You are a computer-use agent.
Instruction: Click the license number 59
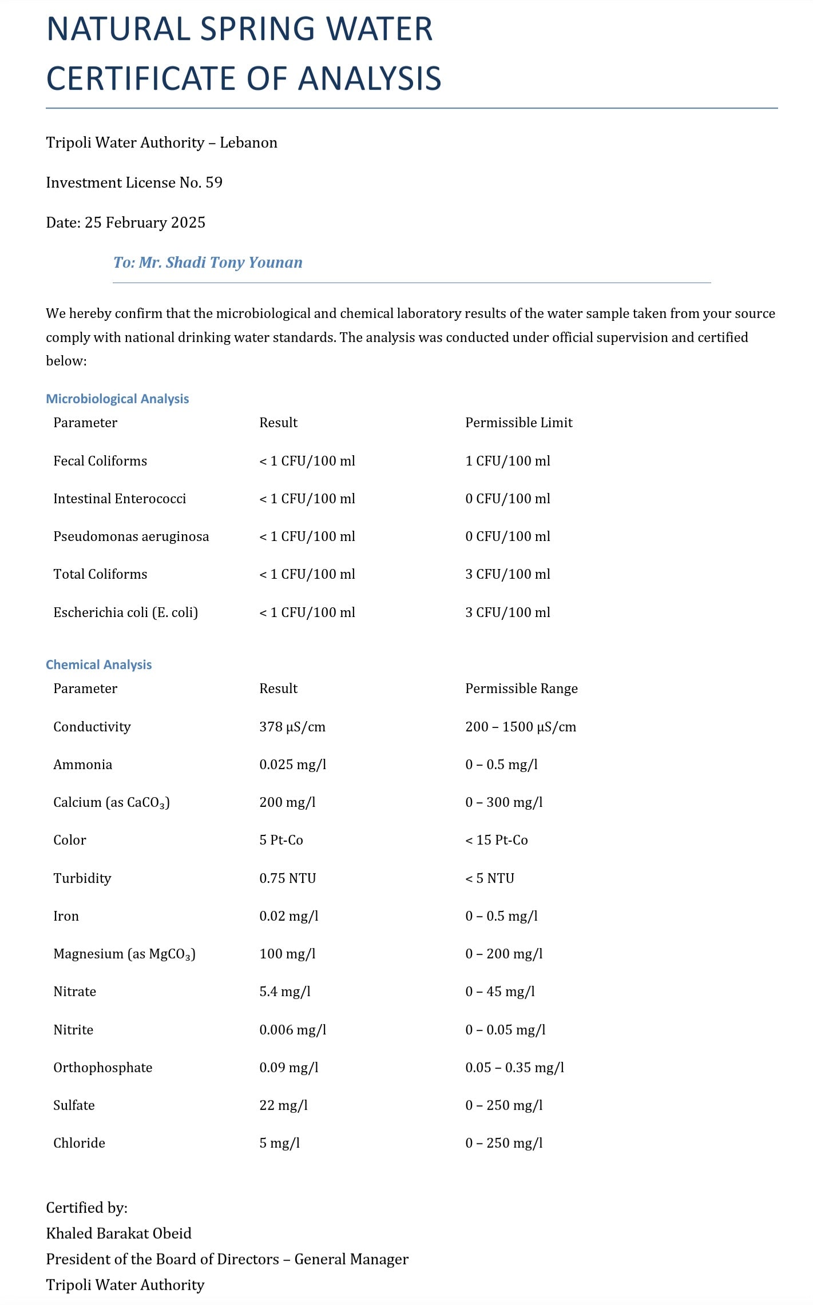click(x=214, y=182)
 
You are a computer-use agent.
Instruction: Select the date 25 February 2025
click(x=145, y=222)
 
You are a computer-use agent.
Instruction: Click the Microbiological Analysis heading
click(x=117, y=399)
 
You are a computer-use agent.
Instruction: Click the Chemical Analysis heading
click(x=98, y=665)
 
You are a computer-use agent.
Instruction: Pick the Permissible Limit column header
click(x=518, y=423)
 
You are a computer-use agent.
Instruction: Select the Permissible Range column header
click(x=521, y=689)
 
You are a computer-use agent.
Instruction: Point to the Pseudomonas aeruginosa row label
click(x=131, y=536)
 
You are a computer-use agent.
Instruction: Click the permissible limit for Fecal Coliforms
click(x=507, y=461)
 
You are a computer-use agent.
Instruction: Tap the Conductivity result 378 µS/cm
click(x=292, y=727)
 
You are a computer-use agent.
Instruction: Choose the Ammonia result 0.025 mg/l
click(x=292, y=765)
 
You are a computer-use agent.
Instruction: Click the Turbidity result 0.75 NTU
click(x=287, y=878)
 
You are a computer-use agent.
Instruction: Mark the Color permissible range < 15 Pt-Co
click(x=496, y=840)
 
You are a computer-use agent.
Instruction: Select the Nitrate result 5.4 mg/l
click(x=284, y=992)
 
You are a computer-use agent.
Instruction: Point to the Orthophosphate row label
click(x=103, y=1068)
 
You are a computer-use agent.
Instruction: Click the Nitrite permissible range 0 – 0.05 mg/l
click(x=505, y=1030)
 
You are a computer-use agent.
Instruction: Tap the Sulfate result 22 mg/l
click(x=283, y=1105)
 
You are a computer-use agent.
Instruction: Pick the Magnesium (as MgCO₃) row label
click(x=124, y=954)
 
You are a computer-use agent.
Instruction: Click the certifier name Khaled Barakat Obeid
click(x=118, y=1234)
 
